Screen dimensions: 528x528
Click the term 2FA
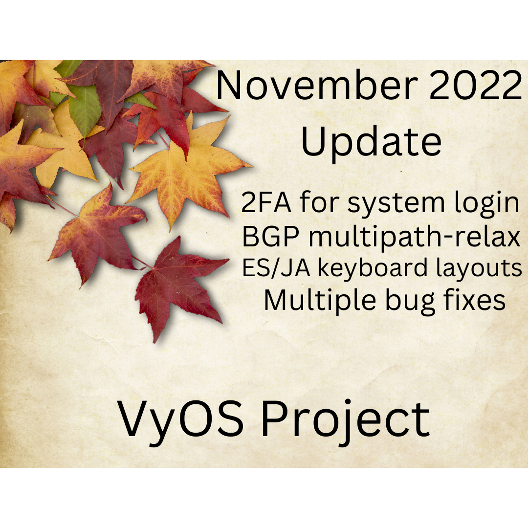click(266, 203)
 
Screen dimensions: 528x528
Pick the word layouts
click(473, 270)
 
